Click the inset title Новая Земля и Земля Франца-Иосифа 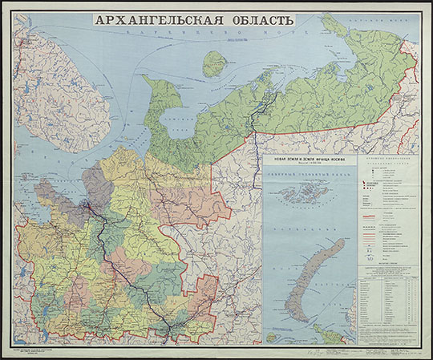pyautogui.click(x=309, y=162)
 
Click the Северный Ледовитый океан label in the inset pyautogui.click(x=309, y=179)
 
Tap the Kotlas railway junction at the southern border pyautogui.click(x=169, y=319)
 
